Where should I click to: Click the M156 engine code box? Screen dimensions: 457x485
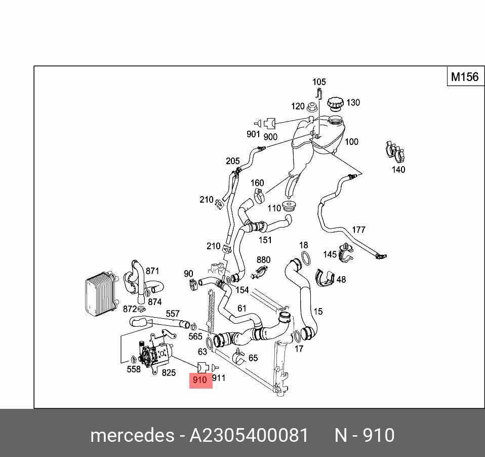(x=464, y=77)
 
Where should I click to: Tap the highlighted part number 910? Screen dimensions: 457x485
(x=200, y=379)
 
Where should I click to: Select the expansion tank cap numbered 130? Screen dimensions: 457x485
(x=335, y=103)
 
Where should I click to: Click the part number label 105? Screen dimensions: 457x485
(x=319, y=82)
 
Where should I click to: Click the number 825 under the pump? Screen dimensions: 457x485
(x=169, y=373)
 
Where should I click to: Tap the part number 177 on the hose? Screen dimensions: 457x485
(x=358, y=230)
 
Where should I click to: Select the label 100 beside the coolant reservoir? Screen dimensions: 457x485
(x=351, y=142)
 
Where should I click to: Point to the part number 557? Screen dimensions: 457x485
(x=173, y=315)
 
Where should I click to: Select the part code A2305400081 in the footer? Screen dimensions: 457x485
(x=249, y=435)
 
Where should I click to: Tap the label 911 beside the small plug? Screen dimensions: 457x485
(x=219, y=378)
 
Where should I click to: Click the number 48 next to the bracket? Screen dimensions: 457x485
(x=341, y=280)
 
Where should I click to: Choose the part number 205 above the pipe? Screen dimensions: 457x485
(x=233, y=161)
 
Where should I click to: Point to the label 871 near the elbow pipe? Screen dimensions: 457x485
(x=152, y=271)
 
